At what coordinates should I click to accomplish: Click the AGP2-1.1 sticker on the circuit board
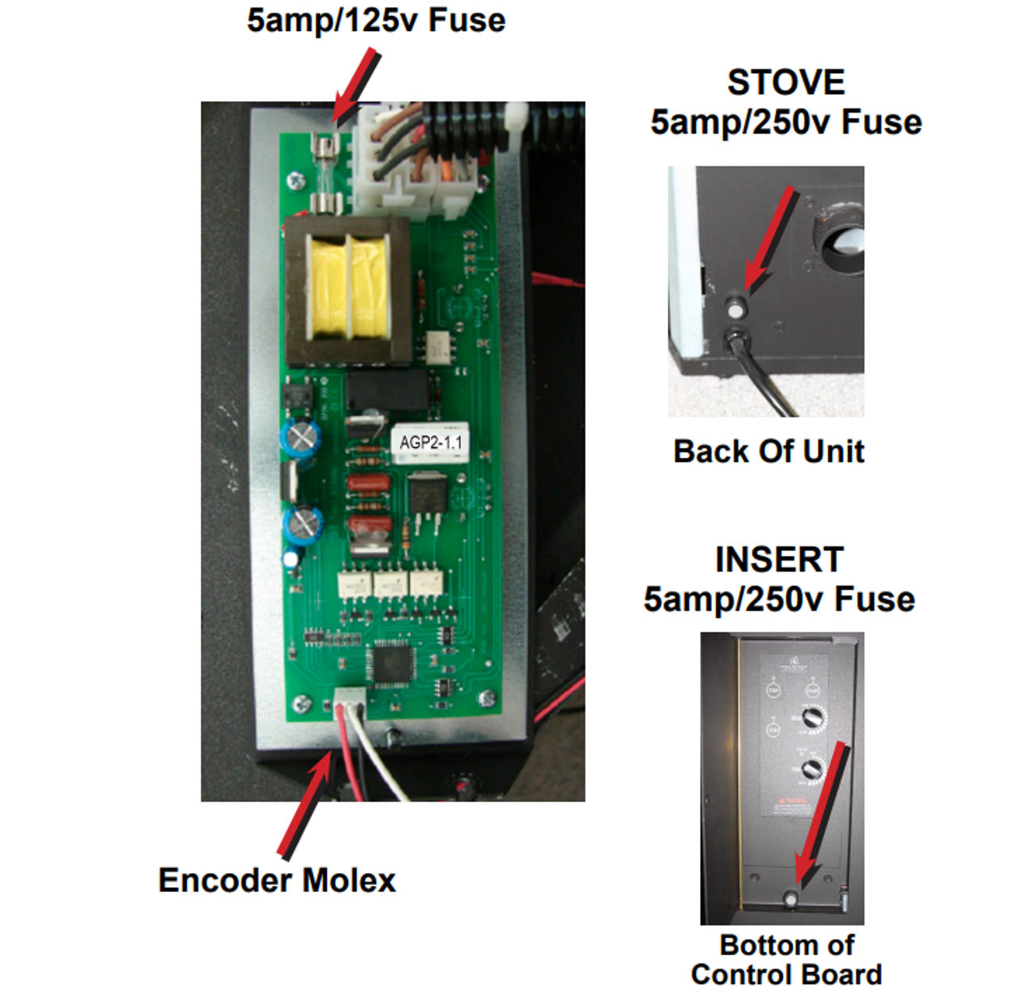coord(430,443)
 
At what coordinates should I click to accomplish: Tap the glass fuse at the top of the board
coord(325,173)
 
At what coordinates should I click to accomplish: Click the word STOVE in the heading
coord(785,82)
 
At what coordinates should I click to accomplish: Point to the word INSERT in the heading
coord(779,560)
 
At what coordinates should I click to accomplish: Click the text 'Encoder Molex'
coord(276,880)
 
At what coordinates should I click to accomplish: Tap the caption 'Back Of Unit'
coord(768,451)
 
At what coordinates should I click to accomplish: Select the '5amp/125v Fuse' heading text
coord(376,20)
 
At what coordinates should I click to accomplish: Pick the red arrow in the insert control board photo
coord(818,815)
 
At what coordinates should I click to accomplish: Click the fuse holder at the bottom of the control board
coord(791,898)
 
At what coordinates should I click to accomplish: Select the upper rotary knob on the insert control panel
coord(812,718)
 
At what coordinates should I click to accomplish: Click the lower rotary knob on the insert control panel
coord(812,769)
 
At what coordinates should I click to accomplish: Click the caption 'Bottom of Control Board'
coord(786,960)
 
